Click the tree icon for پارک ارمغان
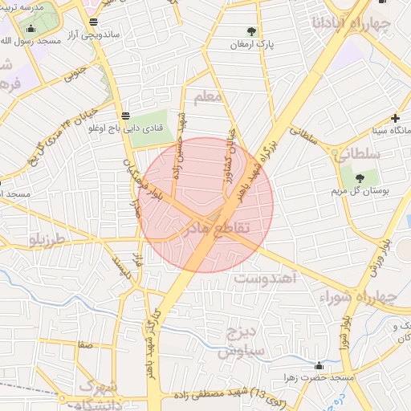252,32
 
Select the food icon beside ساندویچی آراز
95,22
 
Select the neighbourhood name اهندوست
267,278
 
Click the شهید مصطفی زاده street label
205,395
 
